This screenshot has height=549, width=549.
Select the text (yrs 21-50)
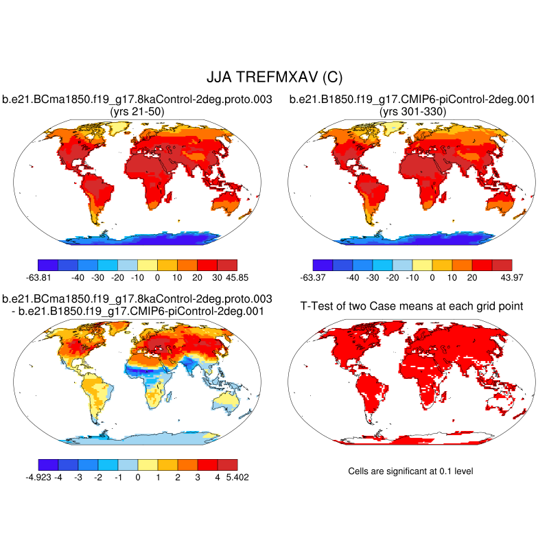[137, 111]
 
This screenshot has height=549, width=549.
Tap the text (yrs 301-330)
[412, 111]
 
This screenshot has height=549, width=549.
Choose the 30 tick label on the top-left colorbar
[218, 277]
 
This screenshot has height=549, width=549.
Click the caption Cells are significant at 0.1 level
[411, 471]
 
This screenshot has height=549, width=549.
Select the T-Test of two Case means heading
[412, 306]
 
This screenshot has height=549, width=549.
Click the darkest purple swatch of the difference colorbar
[48, 464]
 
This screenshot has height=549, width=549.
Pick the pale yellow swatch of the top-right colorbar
[422, 264]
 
